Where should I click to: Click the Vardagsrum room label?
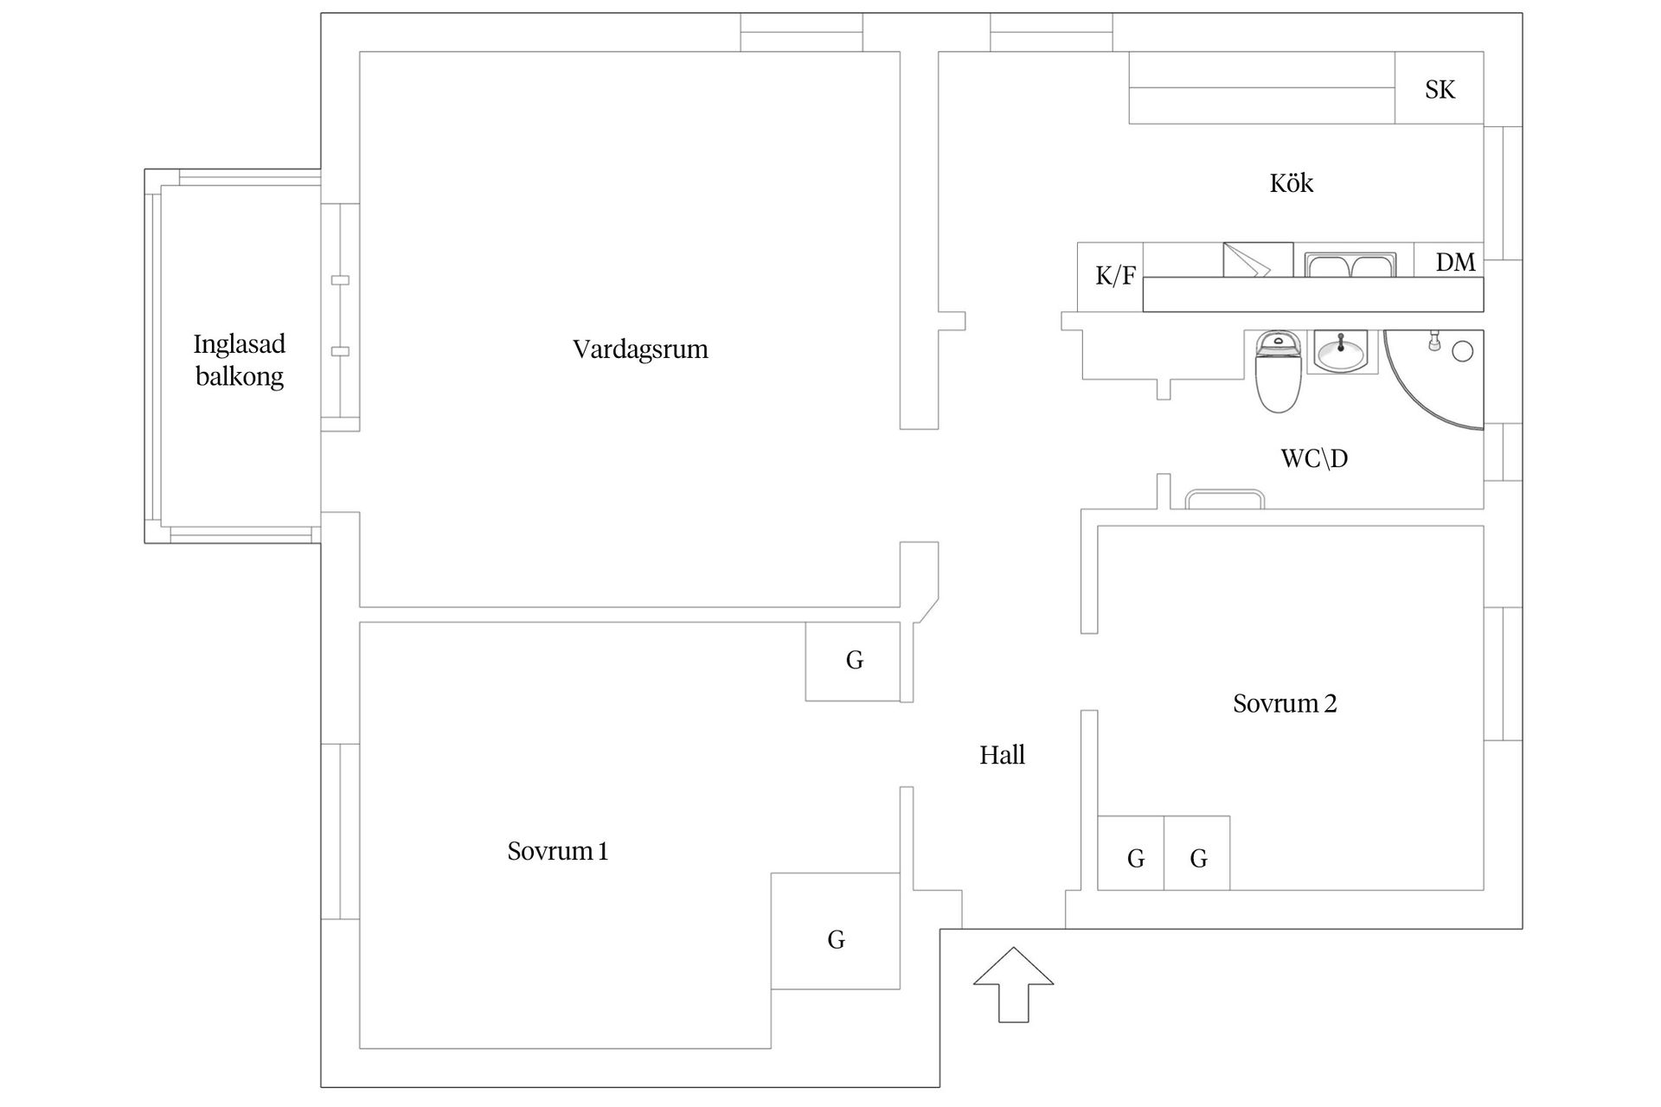coord(640,349)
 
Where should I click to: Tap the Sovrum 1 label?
coord(557,852)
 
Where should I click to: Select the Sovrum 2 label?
coord(1285,704)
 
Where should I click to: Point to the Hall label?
coord(1002,755)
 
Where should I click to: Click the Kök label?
coord(1291,183)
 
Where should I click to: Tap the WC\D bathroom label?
coord(1313,458)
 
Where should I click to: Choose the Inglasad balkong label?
coord(239,360)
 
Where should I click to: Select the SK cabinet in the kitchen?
coord(1439,89)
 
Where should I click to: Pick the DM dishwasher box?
coord(1453,260)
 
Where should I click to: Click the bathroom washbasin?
coord(1341,352)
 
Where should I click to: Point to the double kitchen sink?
coord(1350,265)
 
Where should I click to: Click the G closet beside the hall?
coord(853,661)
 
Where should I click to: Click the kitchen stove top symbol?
coord(1257,259)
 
